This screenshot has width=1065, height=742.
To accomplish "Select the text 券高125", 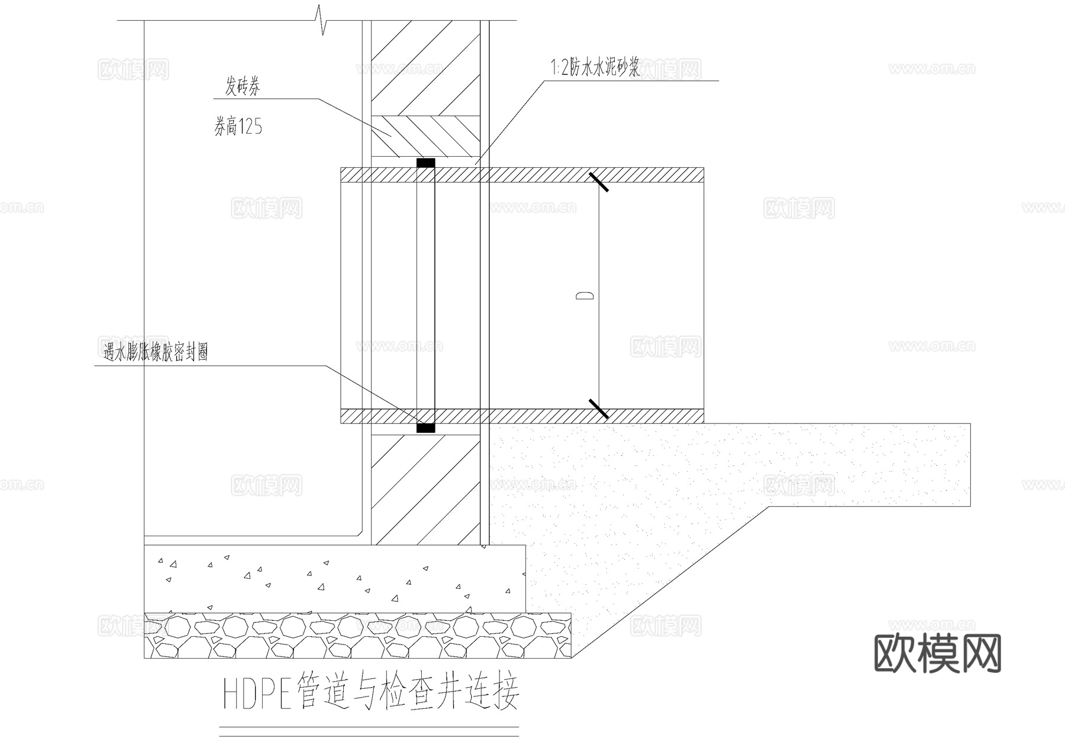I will click(238, 127).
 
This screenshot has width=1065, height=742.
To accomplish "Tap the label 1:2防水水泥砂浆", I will click(595, 69).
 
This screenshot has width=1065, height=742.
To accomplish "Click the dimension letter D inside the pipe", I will click(585, 296).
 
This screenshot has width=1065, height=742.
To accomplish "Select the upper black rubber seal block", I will click(425, 163).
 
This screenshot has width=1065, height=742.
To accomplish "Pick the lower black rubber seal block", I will click(425, 427).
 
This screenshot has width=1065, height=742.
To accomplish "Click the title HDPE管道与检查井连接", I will click(371, 691).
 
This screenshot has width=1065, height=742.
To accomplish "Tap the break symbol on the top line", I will click(322, 21).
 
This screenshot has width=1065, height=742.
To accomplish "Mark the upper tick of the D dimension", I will click(599, 182).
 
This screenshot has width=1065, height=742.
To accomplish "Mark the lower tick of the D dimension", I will click(599, 409).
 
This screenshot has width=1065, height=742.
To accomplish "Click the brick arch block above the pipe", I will click(425, 136).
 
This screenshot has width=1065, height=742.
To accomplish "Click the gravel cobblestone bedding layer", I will click(357, 636).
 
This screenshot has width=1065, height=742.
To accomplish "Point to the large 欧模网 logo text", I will click(938, 653).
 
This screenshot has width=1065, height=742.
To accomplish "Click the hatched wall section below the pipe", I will click(425, 490).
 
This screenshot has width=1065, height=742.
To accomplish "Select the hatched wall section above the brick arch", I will click(425, 68).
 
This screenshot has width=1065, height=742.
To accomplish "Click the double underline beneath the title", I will click(369, 731).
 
